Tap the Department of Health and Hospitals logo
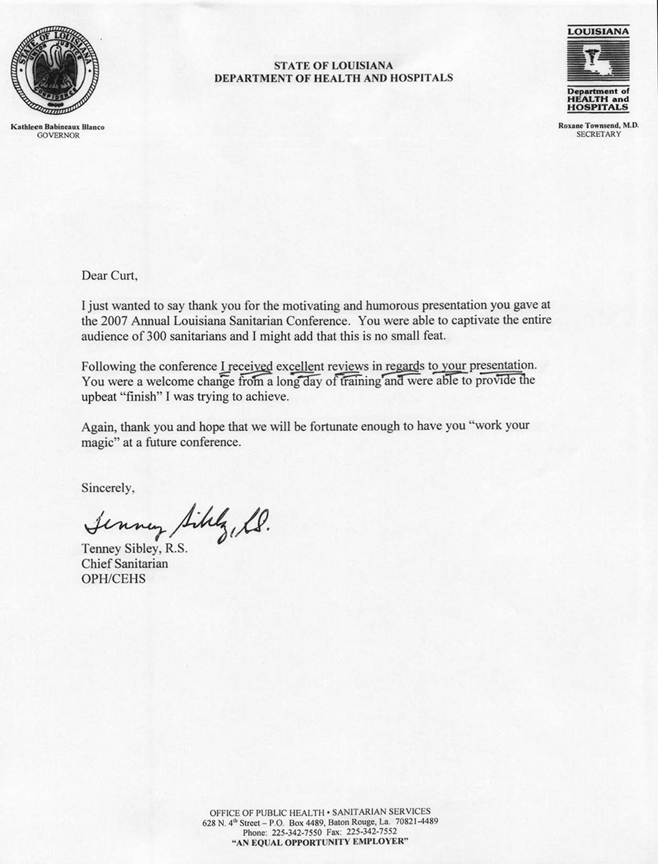pyautogui.click(x=598, y=69)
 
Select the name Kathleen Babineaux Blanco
pyautogui.click(x=58, y=127)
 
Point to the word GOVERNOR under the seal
pyautogui.click(x=58, y=136)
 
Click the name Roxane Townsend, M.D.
pyautogui.click(x=598, y=126)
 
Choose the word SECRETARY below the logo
pyautogui.click(x=598, y=135)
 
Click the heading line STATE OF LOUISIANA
pyautogui.click(x=333, y=66)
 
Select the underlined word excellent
pyautogui.click(x=300, y=366)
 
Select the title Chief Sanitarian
pyautogui.click(x=125, y=563)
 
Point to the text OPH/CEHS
pyautogui.click(x=114, y=578)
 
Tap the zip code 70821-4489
pyautogui.click(x=414, y=821)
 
